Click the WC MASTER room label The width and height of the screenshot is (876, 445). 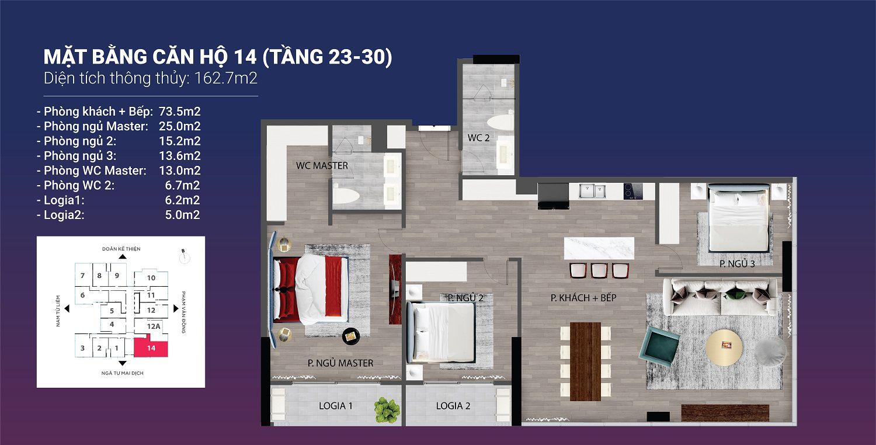point(322,166)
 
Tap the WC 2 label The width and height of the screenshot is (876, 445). point(479,138)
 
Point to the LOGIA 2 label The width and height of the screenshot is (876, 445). point(453,406)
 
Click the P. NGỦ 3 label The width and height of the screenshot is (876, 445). point(737,264)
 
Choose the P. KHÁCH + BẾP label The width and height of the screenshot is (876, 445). point(583,298)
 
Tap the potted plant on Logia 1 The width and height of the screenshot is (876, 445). point(387,409)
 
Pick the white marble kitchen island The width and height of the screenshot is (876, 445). point(599,248)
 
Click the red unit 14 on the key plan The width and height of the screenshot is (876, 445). point(151,348)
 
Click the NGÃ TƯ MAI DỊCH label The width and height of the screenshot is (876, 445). point(121,373)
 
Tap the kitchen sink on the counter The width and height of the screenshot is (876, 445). point(593,191)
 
